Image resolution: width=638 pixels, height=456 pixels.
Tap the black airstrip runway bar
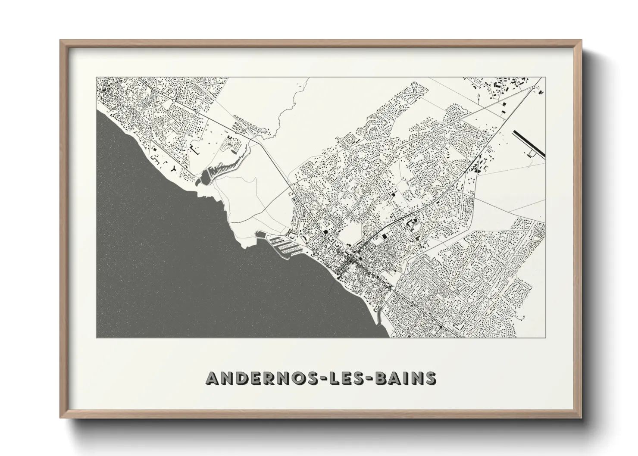click(x=529, y=144)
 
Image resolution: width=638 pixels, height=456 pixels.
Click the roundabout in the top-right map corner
click(x=534, y=87)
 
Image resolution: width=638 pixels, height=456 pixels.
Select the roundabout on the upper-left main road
click(x=174, y=100)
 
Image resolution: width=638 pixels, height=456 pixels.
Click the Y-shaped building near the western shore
click(x=173, y=168)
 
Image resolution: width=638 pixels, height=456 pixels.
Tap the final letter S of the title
click(x=430, y=378)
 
